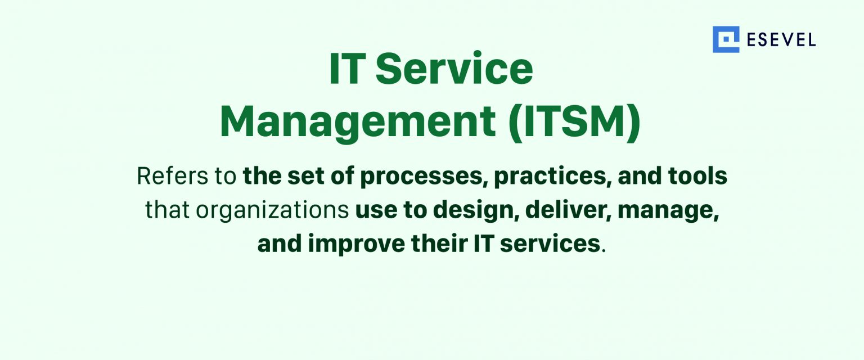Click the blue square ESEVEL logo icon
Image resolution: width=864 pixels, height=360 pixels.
click(x=726, y=39)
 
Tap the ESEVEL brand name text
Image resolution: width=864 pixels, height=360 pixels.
click(x=781, y=40)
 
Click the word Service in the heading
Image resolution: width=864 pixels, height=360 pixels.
click(x=454, y=69)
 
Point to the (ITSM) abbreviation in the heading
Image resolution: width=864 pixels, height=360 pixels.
click(x=574, y=121)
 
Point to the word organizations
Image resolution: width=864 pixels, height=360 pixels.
click(x=272, y=210)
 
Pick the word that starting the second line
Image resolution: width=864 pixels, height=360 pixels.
click(x=167, y=210)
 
